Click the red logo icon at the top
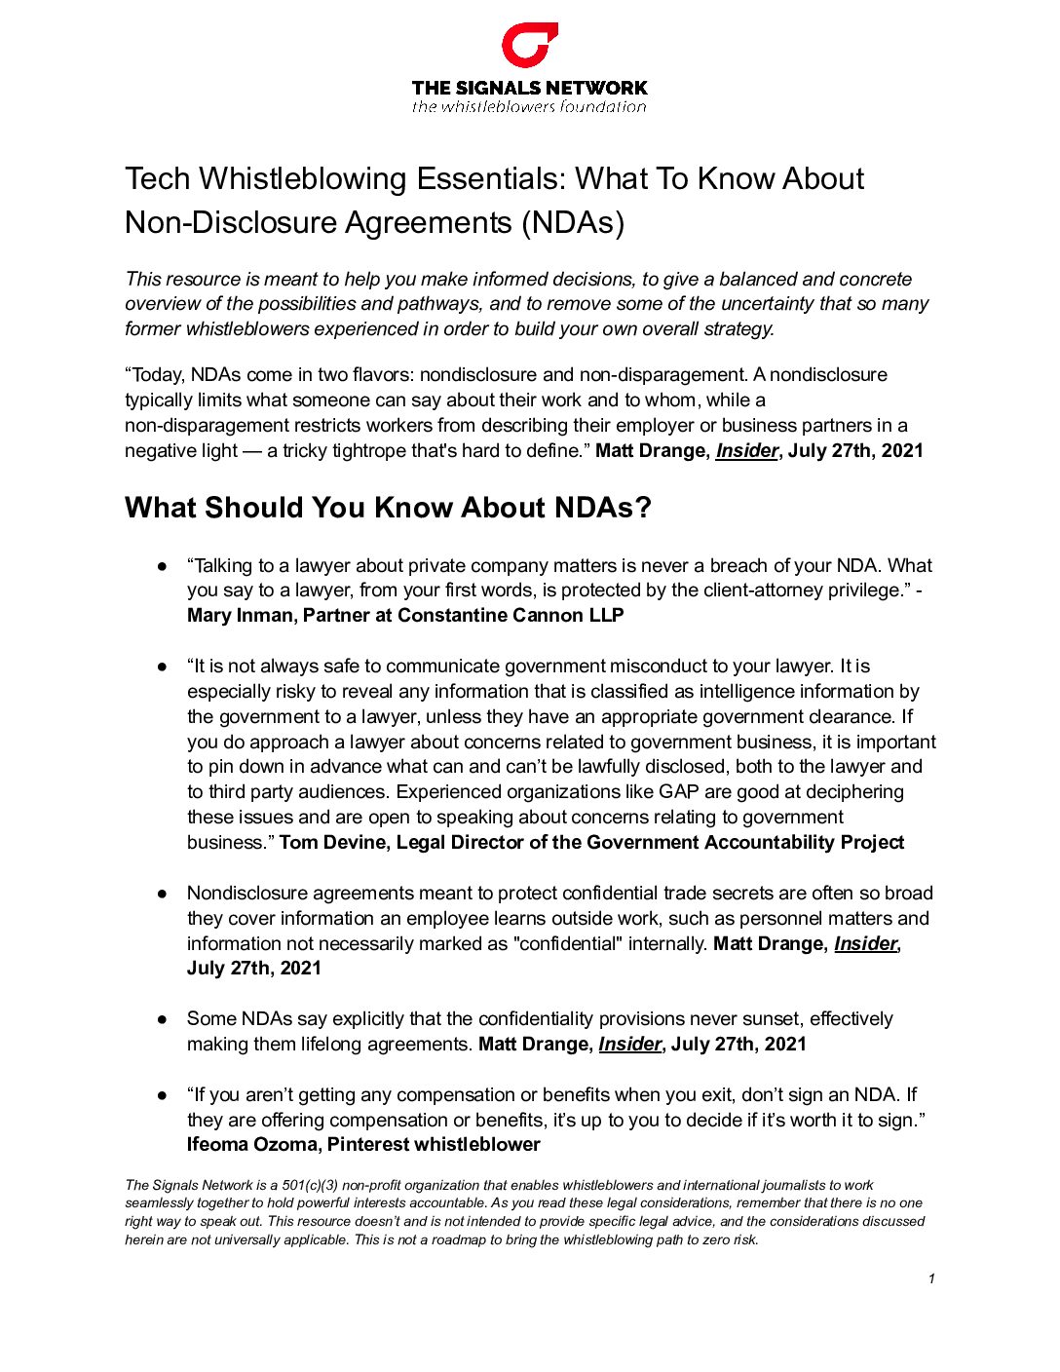point(529,46)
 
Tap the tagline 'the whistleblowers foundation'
point(529,107)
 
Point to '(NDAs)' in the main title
point(573,223)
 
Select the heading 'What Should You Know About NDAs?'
point(388,508)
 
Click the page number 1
point(931,1278)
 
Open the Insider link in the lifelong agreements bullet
point(629,1045)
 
